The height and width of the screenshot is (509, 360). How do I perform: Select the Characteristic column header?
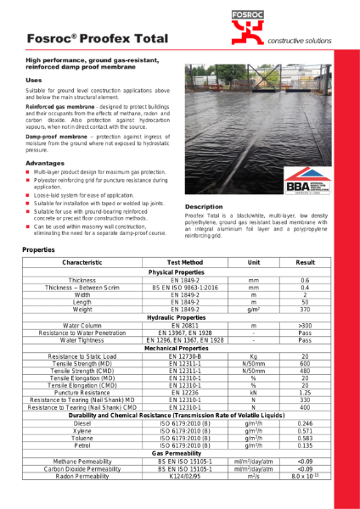(82, 264)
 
